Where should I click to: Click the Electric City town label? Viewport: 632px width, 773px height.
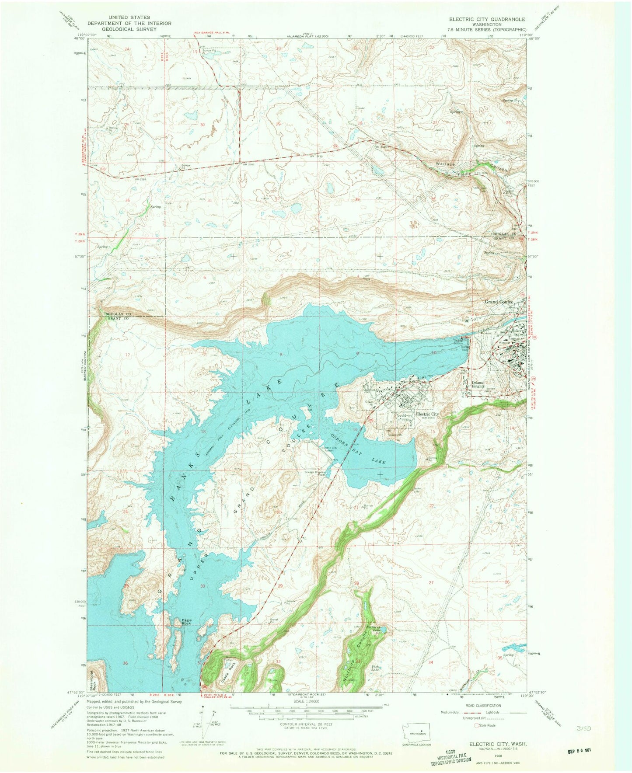[427, 414]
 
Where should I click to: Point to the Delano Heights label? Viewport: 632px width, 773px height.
[480, 385]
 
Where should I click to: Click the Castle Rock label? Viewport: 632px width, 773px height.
[233, 667]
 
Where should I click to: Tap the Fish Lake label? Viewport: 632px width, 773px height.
[375, 668]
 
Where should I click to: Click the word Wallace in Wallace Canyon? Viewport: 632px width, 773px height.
[445, 164]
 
